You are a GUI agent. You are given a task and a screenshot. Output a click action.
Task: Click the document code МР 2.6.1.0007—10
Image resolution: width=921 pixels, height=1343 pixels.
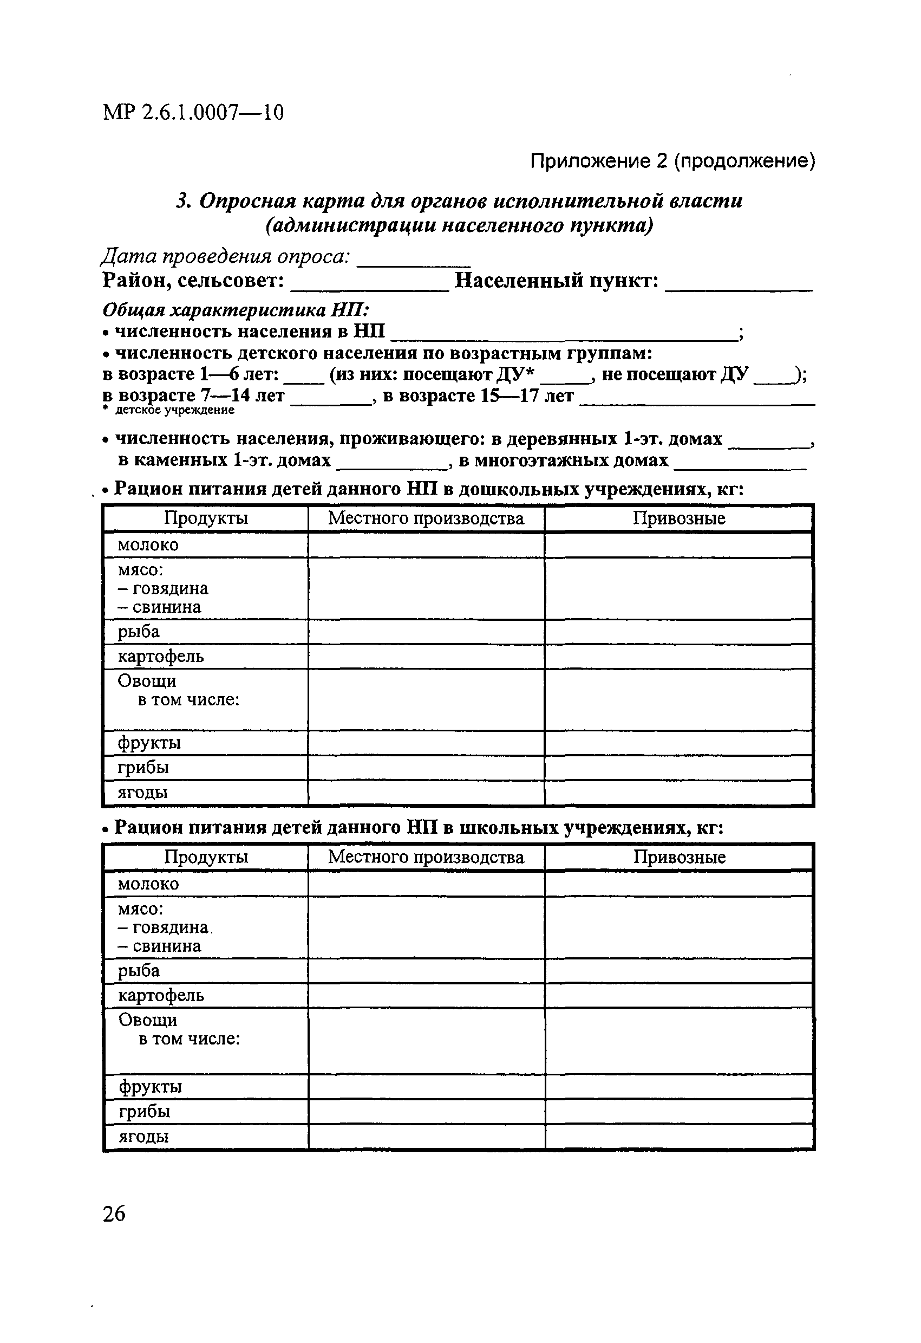pyautogui.click(x=193, y=112)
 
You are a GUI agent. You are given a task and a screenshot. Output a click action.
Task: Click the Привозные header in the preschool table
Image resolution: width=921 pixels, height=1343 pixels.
pyautogui.click(x=678, y=518)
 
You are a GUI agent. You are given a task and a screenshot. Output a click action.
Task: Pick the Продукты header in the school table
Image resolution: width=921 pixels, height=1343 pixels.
pyautogui.click(x=206, y=857)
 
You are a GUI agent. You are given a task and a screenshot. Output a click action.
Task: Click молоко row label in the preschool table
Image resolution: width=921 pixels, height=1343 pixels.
pyautogui.click(x=148, y=545)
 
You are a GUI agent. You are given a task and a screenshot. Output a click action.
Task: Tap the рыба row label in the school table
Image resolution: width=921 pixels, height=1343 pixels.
pyautogui.click(x=139, y=971)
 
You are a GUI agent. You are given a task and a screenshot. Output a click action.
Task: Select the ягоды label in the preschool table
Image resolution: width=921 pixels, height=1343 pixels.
pyautogui.click(x=142, y=792)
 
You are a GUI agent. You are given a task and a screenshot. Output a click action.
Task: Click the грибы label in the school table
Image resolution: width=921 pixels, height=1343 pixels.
pyautogui.click(x=145, y=1111)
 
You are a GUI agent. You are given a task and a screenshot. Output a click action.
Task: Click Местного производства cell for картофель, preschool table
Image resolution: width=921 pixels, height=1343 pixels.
pyautogui.click(x=426, y=657)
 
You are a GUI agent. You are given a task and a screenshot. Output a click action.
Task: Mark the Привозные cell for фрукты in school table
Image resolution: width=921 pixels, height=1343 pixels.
pyautogui.click(x=679, y=1086)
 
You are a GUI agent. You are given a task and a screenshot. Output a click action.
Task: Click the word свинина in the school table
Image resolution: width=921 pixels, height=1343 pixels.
pyautogui.click(x=167, y=946)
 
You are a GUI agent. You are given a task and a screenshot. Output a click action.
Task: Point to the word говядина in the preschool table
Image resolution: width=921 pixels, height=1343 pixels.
pyautogui.click(x=171, y=588)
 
